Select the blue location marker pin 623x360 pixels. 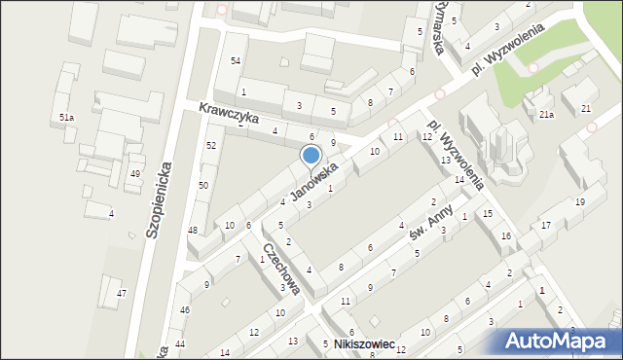(x=311, y=156)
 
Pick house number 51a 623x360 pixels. (x=66, y=118)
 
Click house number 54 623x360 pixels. (x=235, y=61)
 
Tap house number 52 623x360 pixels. (x=210, y=145)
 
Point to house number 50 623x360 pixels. (x=203, y=185)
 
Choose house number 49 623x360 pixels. (x=135, y=174)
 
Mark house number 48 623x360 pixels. (x=193, y=231)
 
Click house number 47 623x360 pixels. (x=121, y=293)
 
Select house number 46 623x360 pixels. (x=185, y=310)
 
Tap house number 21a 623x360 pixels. (x=547, y=115)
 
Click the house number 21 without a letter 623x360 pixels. (x=585, y=108)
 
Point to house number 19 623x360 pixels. (x=579, y=202)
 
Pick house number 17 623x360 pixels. (x=546, y=226)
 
